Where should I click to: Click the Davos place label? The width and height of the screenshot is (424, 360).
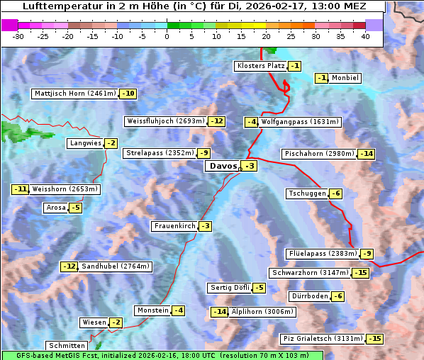tap(222, 166)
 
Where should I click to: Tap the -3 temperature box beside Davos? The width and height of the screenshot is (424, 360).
tap(249, 167)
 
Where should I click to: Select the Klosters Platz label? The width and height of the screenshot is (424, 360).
tap(260, 66)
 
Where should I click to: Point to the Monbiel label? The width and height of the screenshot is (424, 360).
tap(345, 78)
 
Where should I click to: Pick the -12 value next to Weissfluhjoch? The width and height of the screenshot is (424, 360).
tap(216, 121)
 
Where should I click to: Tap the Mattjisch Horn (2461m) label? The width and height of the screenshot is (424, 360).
tap(75, 94)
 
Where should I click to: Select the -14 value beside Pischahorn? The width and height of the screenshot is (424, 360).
tap(366, 154)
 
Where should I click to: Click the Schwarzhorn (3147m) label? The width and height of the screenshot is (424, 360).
tap(311, 273)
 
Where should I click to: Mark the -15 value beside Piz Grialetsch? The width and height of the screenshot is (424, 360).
tap(374, 339)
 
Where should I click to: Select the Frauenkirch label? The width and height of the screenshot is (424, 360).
tap(174, 226)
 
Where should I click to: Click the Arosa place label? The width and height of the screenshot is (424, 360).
tap(55, 208)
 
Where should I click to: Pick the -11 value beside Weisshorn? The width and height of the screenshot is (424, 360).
tap(21, 189)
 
